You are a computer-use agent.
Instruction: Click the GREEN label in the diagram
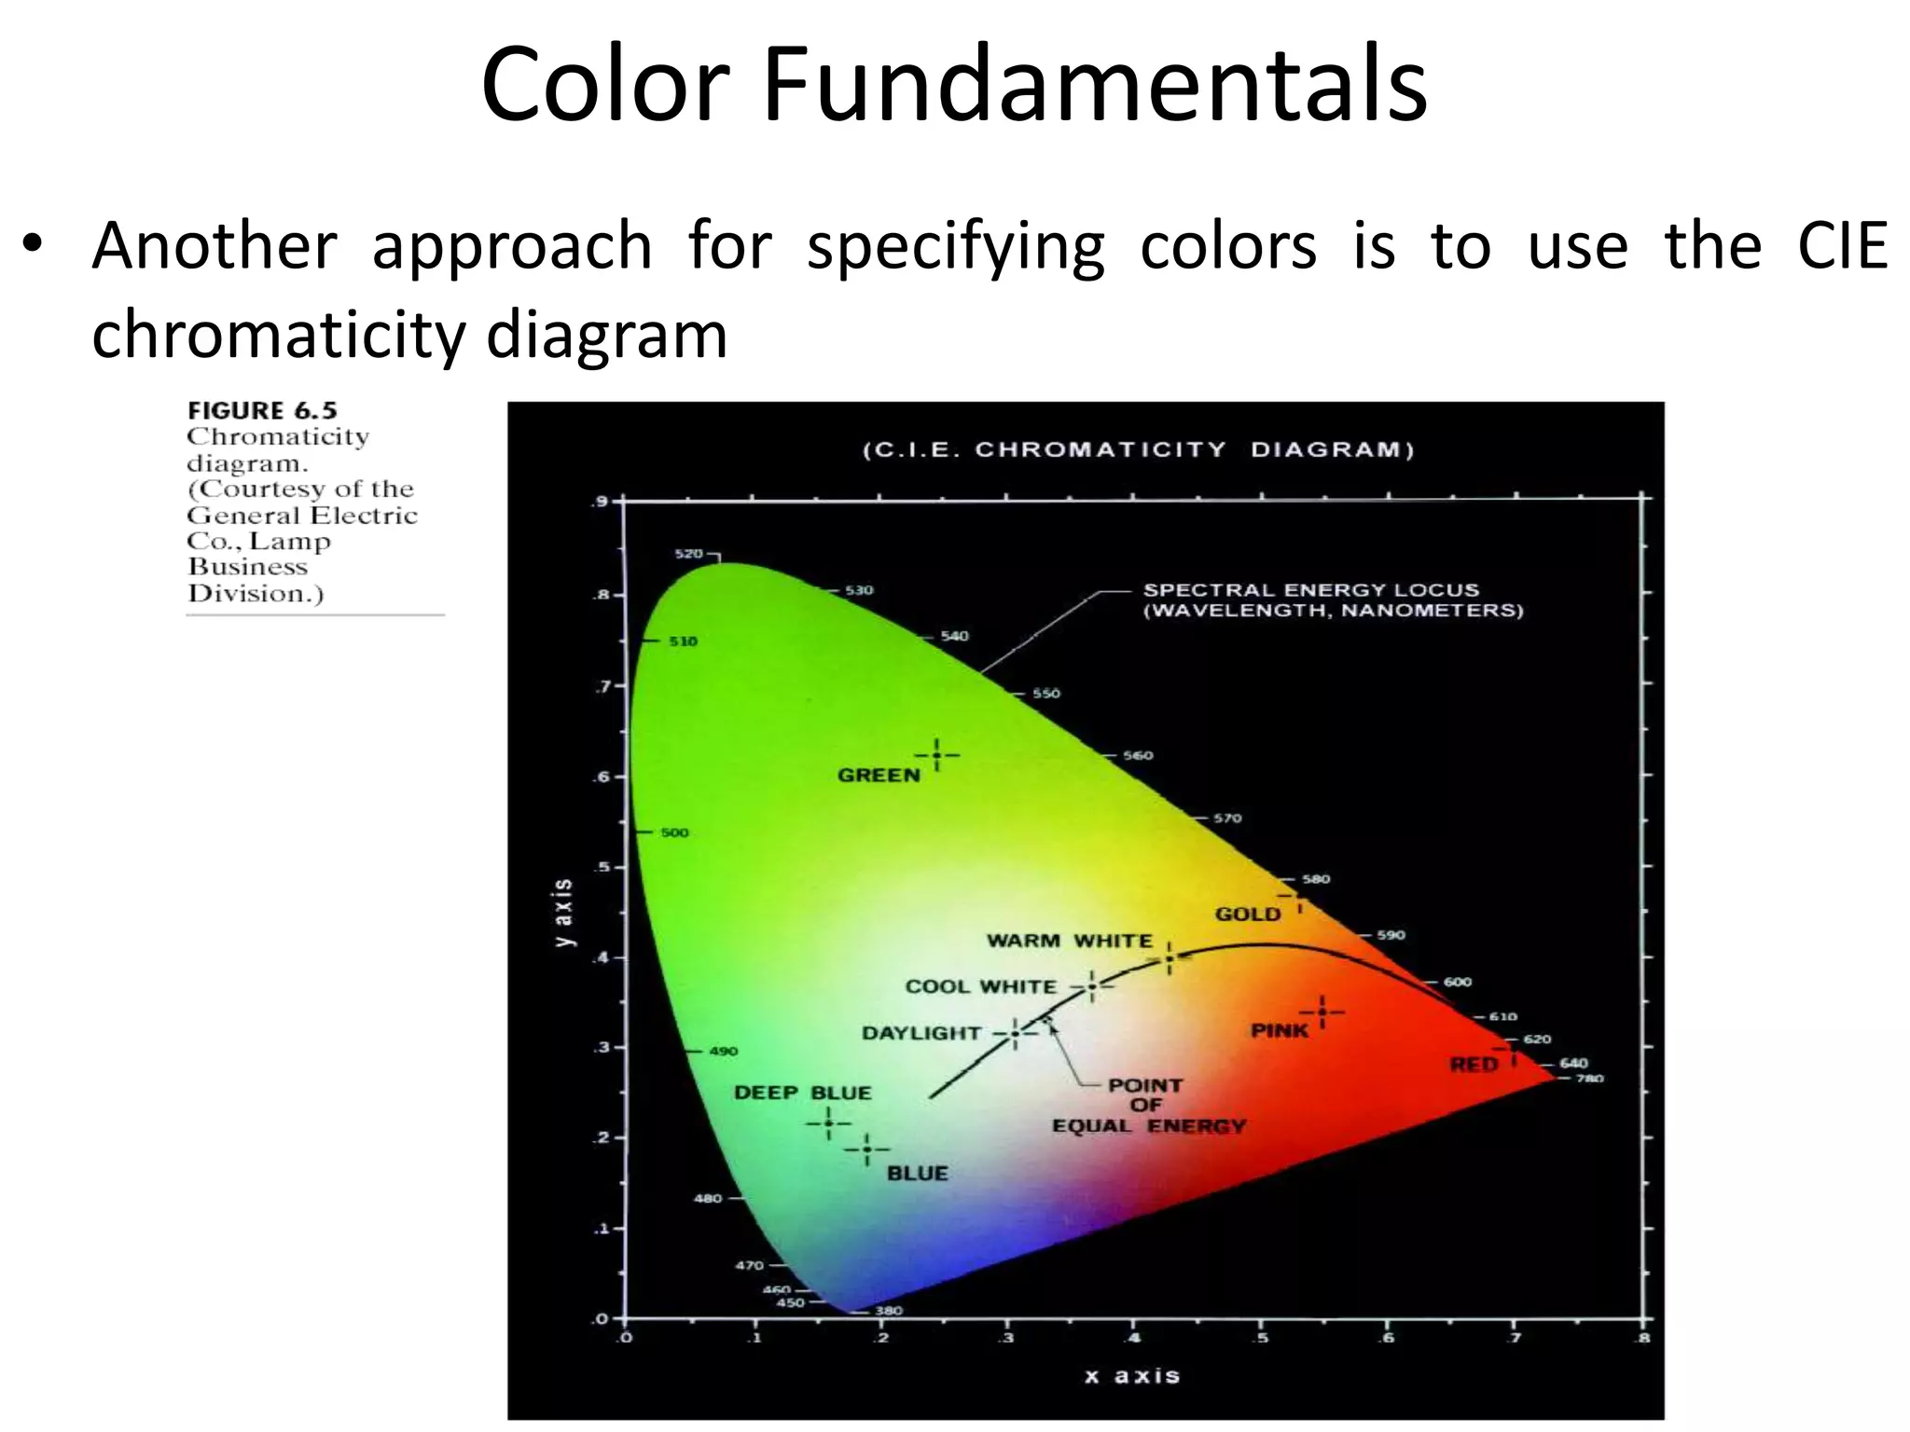(x=878, y=775)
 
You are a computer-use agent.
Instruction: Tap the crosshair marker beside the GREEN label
(x=936, y=754)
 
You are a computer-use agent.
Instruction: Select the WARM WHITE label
(x=1069, y=941)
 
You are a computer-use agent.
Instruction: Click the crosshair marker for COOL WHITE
(x=1091, y=985)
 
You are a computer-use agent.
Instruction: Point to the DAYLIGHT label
(x=920, y=1033)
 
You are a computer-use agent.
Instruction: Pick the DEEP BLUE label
(x=802, y=1093)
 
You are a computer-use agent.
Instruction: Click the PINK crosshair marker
(x=1322, y=1012)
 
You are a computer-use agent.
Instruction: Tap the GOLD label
(x=1247, y=915)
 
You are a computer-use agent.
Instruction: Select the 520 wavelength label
(x=688, y=554)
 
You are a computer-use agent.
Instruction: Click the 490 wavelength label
(x=723, y=1052)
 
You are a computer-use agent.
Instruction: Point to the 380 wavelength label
(x=888, y=1311)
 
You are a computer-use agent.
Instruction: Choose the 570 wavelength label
(x=1227, y=819)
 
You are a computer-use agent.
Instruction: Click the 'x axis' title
(x=1132, y=1376)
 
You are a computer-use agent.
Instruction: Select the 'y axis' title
(x=563, y=913)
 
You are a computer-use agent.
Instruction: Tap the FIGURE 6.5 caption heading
(x=262, y=411)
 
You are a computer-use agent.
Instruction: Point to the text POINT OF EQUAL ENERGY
(x=1147, y=1106)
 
